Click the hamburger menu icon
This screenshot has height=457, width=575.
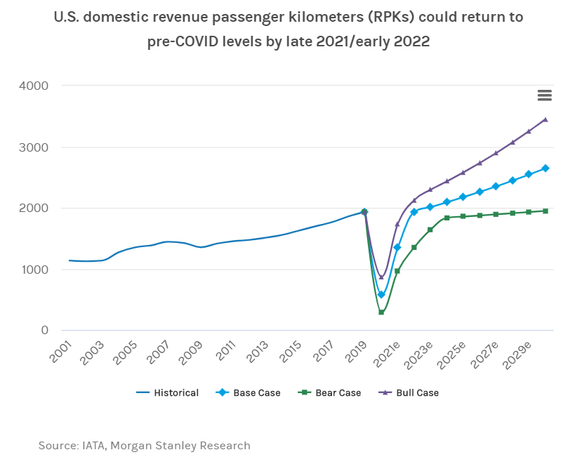(544, 95)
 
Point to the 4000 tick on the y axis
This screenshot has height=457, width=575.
(33, 86)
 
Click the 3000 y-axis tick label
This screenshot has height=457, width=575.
(33, 147)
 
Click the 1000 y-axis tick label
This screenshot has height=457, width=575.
(33, 270)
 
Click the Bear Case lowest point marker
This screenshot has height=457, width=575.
(381, 312)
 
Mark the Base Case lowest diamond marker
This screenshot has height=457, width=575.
(381, 295)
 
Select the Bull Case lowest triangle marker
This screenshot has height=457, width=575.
(381, 277)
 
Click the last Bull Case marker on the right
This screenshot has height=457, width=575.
(546, 119)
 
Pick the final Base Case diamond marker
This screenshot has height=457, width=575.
(546, 168)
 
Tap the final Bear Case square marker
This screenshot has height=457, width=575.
(546, 211)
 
